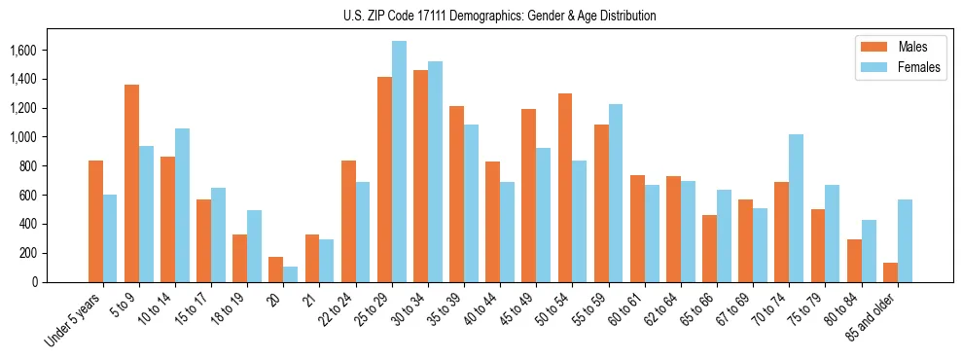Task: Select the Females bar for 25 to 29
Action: [x=399, y=162]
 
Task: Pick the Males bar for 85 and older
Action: [x=890, y=272]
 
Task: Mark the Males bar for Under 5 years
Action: [x=95, y=221]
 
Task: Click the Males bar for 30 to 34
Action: [x=420, y=176]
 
